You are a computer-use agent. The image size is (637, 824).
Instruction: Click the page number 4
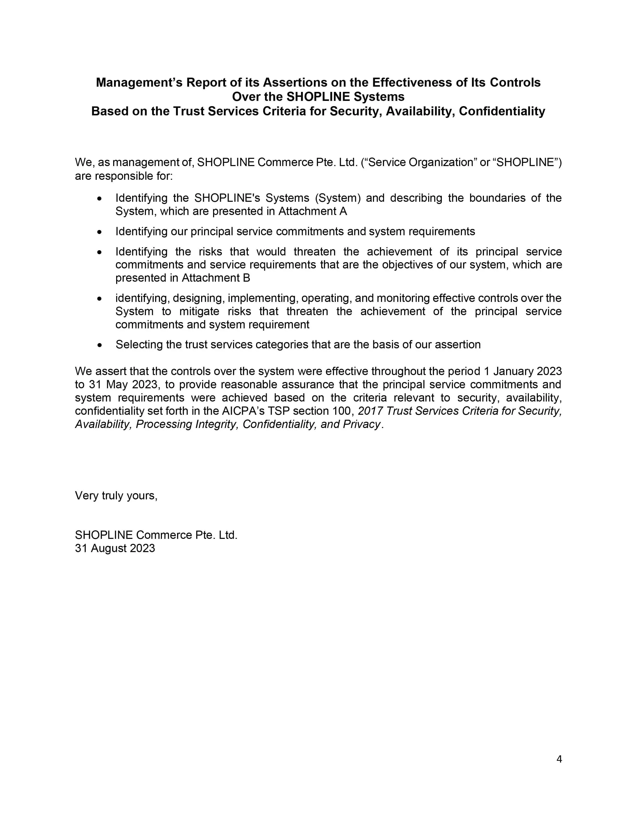point(559,759)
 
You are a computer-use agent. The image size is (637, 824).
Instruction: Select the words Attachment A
point(313,211)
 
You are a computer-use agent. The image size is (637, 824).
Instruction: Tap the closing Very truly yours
point(116,495)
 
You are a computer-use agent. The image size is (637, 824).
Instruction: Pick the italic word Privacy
point(361,424)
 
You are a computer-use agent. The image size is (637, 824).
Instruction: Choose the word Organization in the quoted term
point(441,162)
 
